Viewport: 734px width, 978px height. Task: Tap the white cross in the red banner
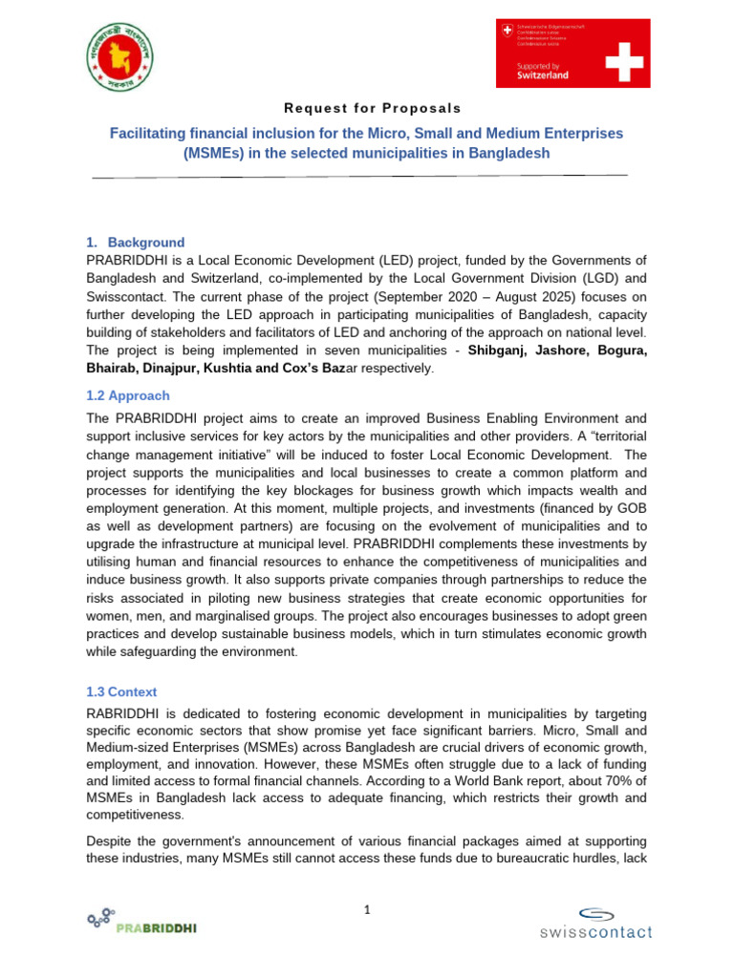(618, 53)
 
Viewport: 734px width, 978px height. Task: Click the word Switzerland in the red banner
(543, 74)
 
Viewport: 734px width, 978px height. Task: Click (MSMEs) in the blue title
(217, 153)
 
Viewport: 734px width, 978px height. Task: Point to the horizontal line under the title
(359, 177)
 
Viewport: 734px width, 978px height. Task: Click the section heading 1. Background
(136, 243)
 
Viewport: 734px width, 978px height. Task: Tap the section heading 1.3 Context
(122, 691)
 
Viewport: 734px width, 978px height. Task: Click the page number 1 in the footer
(366, 910)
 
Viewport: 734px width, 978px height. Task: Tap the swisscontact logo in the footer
(594, 923)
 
